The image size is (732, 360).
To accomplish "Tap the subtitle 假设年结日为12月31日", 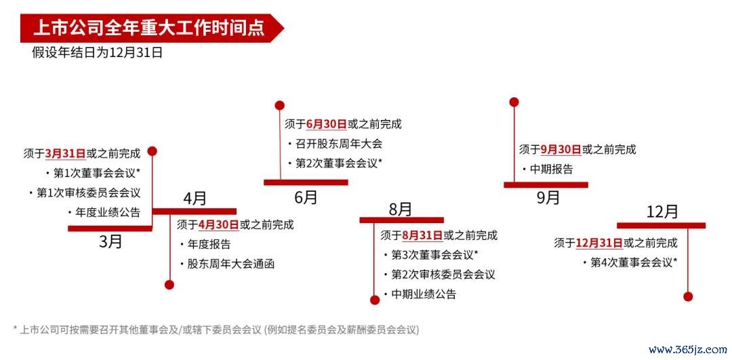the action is pyautogui.click(x=97, y=52).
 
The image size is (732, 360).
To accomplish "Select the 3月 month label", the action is pyautogui.click(x=110, y=241).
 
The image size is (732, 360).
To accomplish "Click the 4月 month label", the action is pyautogui.click(x=195, y=199).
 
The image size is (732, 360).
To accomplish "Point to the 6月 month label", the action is pyautogui.click(x=306, y=197).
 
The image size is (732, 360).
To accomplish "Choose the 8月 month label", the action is pyautogui.click(x=401, y=209).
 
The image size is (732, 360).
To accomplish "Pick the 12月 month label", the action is pyautogui.click(x=662, y=212).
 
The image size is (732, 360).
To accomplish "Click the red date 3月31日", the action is pyautogui.click(x=65, y=153).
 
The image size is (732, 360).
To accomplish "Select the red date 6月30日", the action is pyautogui.click(x=326, y=124).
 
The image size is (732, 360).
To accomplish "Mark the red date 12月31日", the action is pyautogui.click(x=599, y=243).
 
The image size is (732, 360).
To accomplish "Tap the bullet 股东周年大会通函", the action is pyautogui.click(x=227, y=264).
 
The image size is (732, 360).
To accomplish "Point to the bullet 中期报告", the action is pyautogui.click(x=548, y=169).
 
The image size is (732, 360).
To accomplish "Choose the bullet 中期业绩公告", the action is pyautogui.click(x=420, y=294).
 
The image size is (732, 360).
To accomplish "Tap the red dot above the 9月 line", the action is pyautogui.click(x=514, y=102).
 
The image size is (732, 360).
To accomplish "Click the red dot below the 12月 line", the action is pyautogui.click(x=688, y=296).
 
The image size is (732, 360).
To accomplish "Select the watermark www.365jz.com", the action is pyautogui.click(x=688, y=349).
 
